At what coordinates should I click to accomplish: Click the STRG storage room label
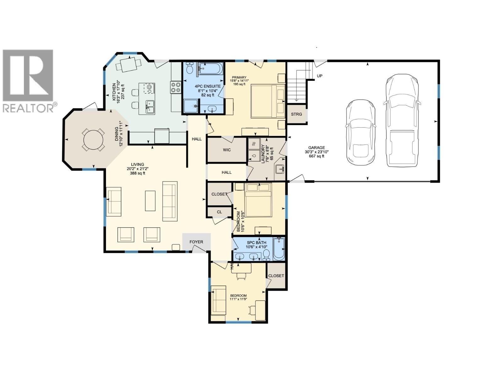[x=296, y=114]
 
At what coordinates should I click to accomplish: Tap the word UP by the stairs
[x=319, y=76]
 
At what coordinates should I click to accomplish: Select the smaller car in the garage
[x=361, y=132]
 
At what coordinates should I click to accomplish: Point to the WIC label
[x=227, y=150]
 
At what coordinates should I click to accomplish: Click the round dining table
[x=93, y=139]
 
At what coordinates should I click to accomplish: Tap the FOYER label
[x=196, y=242]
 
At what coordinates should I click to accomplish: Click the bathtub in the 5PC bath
[x=279, y=249]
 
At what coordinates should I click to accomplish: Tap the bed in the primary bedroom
[x=268, y=101]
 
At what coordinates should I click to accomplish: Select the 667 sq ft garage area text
[x=316, y=156]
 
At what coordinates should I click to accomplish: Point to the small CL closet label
[x=219, y=212]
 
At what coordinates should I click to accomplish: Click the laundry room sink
[x=279, y=170]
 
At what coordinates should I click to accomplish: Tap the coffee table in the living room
[x=150, y=201]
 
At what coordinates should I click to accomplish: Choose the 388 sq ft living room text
[x=138, y=173]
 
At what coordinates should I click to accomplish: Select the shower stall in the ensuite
[x=191, y=106]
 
